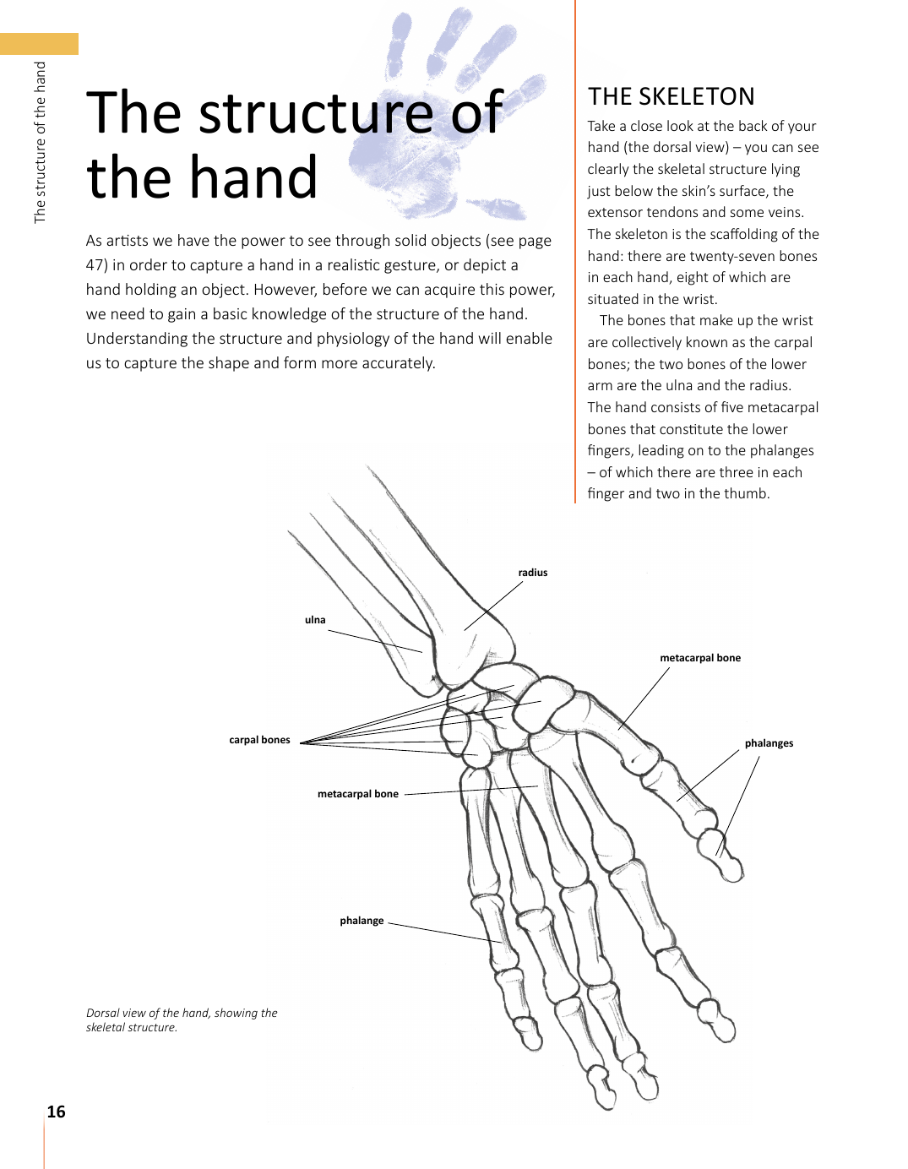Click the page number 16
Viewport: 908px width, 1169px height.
pyautogui.click(x=56, y=1112)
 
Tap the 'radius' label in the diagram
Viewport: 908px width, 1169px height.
pyautogui.click(x=533, y=573)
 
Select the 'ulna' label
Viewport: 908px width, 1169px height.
pyautogui.click(x=315, y=620)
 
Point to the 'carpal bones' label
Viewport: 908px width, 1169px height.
pyautogui.click(x=259, y=740)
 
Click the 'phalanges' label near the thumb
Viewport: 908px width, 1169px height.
pyautogui.click(x=769, y=743)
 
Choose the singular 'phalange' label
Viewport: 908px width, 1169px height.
pyautogui.click(x=362, y=921)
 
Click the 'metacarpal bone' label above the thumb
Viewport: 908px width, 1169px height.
pyautogui.click(x=700, y=658)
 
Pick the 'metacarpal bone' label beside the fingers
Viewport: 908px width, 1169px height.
pyautogui.click(x=358, y=794)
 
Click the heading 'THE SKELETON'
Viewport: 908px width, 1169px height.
pyautogui.click(x=671, y=97)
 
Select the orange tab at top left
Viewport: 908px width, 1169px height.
pyautogui.click(x=39, y=44)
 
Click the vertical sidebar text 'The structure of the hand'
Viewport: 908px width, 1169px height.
pyautogui.click(x=40, y=142)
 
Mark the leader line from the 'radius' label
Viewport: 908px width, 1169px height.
pyautogui.click(x=494, y=606)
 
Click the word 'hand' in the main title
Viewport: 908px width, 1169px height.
pyautogui.click(x=253, y=178)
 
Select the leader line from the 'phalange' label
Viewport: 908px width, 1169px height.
pyautogui.click(x=443, y=932)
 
